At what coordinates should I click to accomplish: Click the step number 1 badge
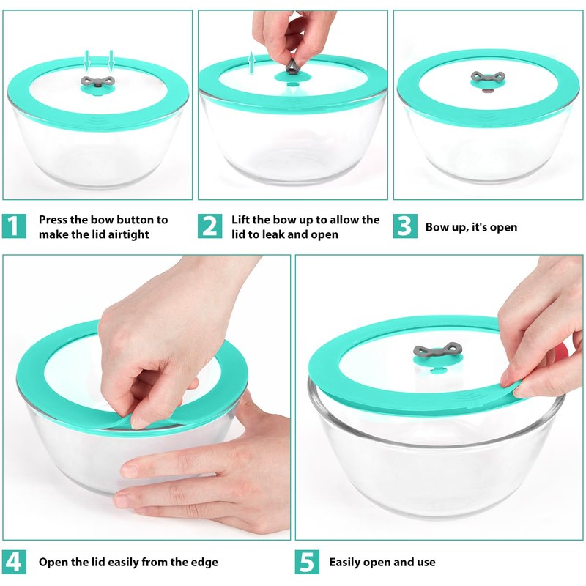(14, 226)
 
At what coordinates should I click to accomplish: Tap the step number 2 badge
(209, 226)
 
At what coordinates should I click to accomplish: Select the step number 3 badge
(405, 226)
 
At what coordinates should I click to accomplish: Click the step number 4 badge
(14, 562)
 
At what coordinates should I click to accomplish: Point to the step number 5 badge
(307, 562)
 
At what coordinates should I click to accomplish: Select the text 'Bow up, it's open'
(471, 227)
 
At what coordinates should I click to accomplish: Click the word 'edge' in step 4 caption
(203, 563)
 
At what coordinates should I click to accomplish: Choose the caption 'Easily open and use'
(382, 563)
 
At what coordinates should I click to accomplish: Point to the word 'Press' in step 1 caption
(55, 220)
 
